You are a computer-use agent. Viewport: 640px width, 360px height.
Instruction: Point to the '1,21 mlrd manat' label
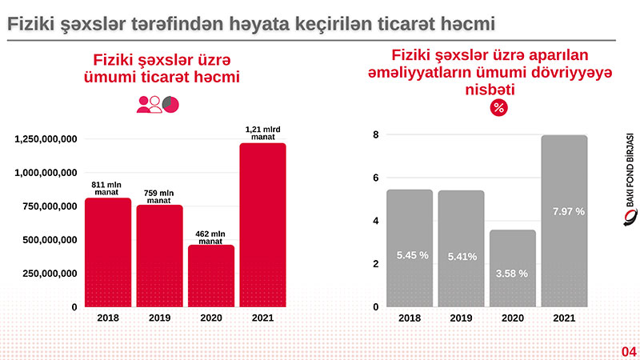(262, 134)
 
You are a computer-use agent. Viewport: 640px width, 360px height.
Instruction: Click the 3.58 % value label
(512, 273)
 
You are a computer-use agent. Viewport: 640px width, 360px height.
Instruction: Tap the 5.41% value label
(461, 256)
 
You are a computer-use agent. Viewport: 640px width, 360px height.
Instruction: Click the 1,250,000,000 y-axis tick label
(46, 139)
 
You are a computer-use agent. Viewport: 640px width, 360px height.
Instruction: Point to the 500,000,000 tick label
(46, 240)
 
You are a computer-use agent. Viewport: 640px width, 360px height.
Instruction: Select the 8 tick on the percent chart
(375, 135)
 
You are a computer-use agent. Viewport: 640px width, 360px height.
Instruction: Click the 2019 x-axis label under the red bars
(159, 318)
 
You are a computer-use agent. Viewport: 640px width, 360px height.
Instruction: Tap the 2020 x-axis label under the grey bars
(512, 318)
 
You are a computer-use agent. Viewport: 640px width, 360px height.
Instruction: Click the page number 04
(629, 351)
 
